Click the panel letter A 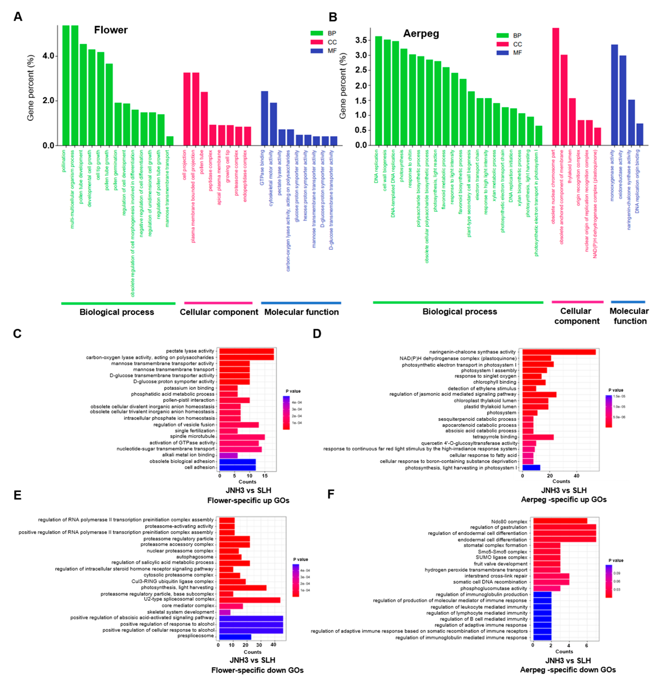click(18, 16)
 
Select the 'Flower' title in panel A click(111, 30)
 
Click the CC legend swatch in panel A click(316, 42)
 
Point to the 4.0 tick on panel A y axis click(48, 56)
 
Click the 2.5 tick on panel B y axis click(361, 70)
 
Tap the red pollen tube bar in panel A click(204, 119)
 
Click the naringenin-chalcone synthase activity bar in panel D click(559, 352)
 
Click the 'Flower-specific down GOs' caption click(257, 670)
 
